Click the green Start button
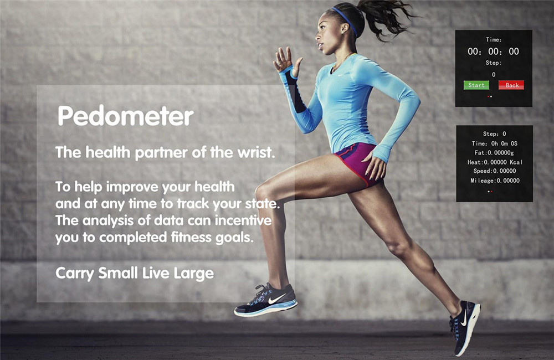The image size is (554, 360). click(x=476, y=85)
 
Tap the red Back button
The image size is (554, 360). click(x=511, y=85)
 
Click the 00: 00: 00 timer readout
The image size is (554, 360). click(x=493, y=52)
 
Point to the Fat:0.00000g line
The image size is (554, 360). click(x=494, y=153)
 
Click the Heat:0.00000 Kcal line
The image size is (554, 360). click(x=495, y=162)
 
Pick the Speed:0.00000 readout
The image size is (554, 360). click(x=495, y=171)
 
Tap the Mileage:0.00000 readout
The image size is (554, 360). click(x=495, y=181)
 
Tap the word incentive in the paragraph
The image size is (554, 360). click(x=243, y=220)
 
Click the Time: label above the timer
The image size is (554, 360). click(x=494, y=39)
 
